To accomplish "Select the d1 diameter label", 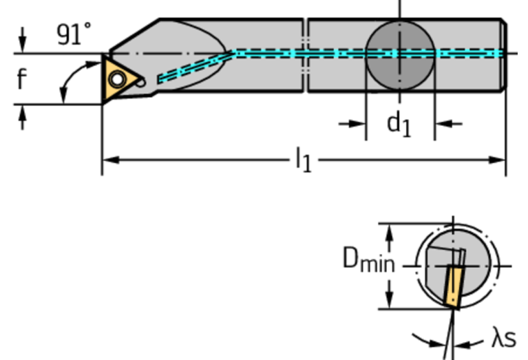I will click(x=399, y=124).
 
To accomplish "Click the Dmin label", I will click(x=368, y=260).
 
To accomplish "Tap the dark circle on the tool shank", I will click(x=399, y=53).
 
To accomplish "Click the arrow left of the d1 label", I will click(x=355, y=124).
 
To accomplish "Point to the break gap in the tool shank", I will click(x=305, y=55).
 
